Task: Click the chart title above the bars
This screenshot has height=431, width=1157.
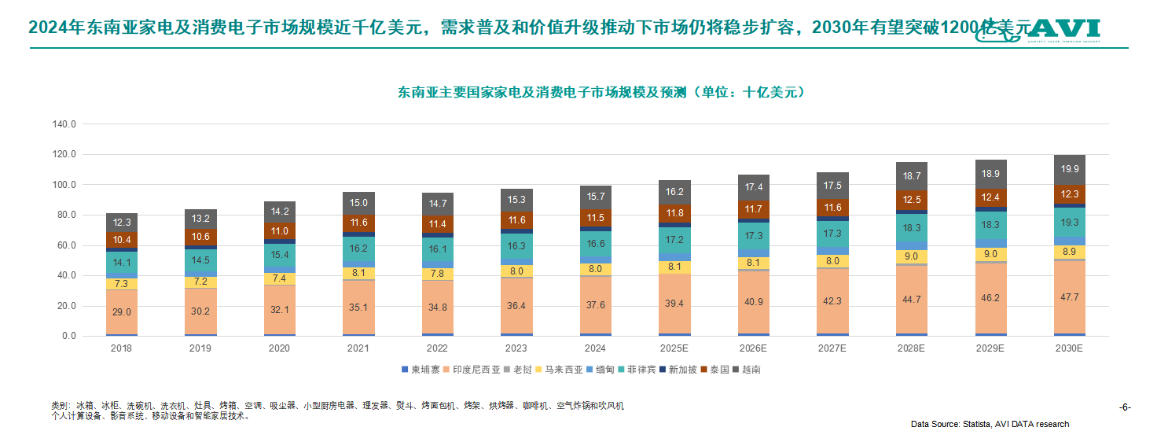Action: tap(601, 93)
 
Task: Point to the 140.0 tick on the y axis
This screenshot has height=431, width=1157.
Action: tap(64, 124)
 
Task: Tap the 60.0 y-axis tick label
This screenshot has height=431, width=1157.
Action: tap(64, 245)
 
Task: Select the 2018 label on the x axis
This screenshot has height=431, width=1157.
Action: tap(122, 347)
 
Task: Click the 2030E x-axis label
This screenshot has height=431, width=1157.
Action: tap(1069, 347)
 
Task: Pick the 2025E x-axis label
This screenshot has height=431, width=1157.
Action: tap(674, 347)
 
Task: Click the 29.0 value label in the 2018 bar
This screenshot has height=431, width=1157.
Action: tap(122, 312)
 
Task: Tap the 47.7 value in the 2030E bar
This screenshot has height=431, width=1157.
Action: tap(1069, 297)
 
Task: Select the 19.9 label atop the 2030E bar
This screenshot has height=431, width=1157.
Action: tap(1069, 169)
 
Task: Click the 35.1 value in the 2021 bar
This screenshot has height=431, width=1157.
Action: tap(358, 308)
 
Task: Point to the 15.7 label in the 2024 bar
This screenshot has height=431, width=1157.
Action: tap(595, 197)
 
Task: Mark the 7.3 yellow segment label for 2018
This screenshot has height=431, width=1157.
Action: tap(122, 284)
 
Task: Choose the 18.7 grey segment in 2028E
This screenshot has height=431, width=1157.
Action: tap(912, 176)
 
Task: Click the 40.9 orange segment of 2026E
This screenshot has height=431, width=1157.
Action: tap(753, 302)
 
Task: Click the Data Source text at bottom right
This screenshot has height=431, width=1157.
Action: tap(990, 424)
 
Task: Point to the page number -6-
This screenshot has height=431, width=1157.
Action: tap(1125, 407)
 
